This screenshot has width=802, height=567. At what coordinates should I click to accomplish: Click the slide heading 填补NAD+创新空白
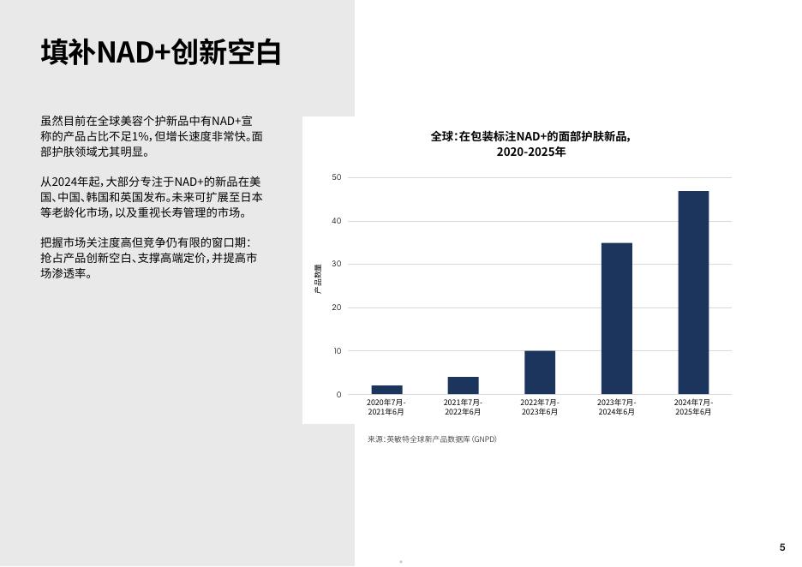tap(160, 52)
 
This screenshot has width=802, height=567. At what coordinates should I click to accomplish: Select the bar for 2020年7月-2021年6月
tap(386, 390)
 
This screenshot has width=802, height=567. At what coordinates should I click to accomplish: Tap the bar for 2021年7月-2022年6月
tap(464, 385)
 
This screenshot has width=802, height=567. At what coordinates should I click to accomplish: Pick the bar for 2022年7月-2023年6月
tap(540, 373)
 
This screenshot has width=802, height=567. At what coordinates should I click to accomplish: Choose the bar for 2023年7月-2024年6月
tap(617, 319)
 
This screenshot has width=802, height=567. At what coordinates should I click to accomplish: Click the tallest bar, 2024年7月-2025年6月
tap(693, 292)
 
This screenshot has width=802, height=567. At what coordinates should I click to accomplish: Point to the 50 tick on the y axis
tap(336, 177)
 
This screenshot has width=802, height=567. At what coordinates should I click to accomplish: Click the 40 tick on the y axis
tap(336, 221)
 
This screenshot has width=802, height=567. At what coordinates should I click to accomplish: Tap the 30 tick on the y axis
tap(336, 264)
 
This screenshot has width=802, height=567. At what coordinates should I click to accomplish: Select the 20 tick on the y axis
tap(336, 307)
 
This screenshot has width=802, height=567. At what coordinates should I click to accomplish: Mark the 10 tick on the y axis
tap(337, 350)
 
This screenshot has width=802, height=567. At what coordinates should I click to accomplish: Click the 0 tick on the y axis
tap(338, 395)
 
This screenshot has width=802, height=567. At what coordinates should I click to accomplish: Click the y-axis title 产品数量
tap(318, 278)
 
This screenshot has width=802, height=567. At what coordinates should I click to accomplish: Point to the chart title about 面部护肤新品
tap(531, 144)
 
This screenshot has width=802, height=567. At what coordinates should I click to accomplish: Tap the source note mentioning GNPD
tap(432, 439)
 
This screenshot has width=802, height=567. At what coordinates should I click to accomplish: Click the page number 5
tap(782, 547)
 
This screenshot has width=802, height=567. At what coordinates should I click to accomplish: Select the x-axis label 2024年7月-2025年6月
tap(693, 407)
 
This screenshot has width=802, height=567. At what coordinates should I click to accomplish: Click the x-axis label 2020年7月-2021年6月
tap(386, 407)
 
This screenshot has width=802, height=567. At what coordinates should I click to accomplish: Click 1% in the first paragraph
tap(141, 136)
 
